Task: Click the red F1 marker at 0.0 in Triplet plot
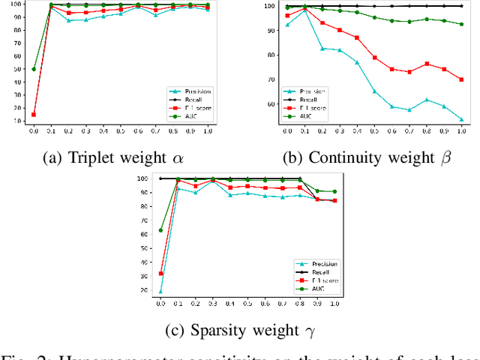(34, 115)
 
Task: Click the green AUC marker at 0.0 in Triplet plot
(34, 69)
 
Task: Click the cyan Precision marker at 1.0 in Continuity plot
(462, 119)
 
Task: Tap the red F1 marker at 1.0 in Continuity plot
(462, 79)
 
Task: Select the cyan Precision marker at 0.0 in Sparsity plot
(160, 291)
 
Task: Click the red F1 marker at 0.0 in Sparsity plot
(160, 274)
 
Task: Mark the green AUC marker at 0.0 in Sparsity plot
(160, 230)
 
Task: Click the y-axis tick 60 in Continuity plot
(271, 104)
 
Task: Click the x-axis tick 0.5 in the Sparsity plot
(247, 304)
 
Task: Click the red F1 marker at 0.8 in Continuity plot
(427, 64)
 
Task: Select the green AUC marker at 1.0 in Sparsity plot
(334, 192)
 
